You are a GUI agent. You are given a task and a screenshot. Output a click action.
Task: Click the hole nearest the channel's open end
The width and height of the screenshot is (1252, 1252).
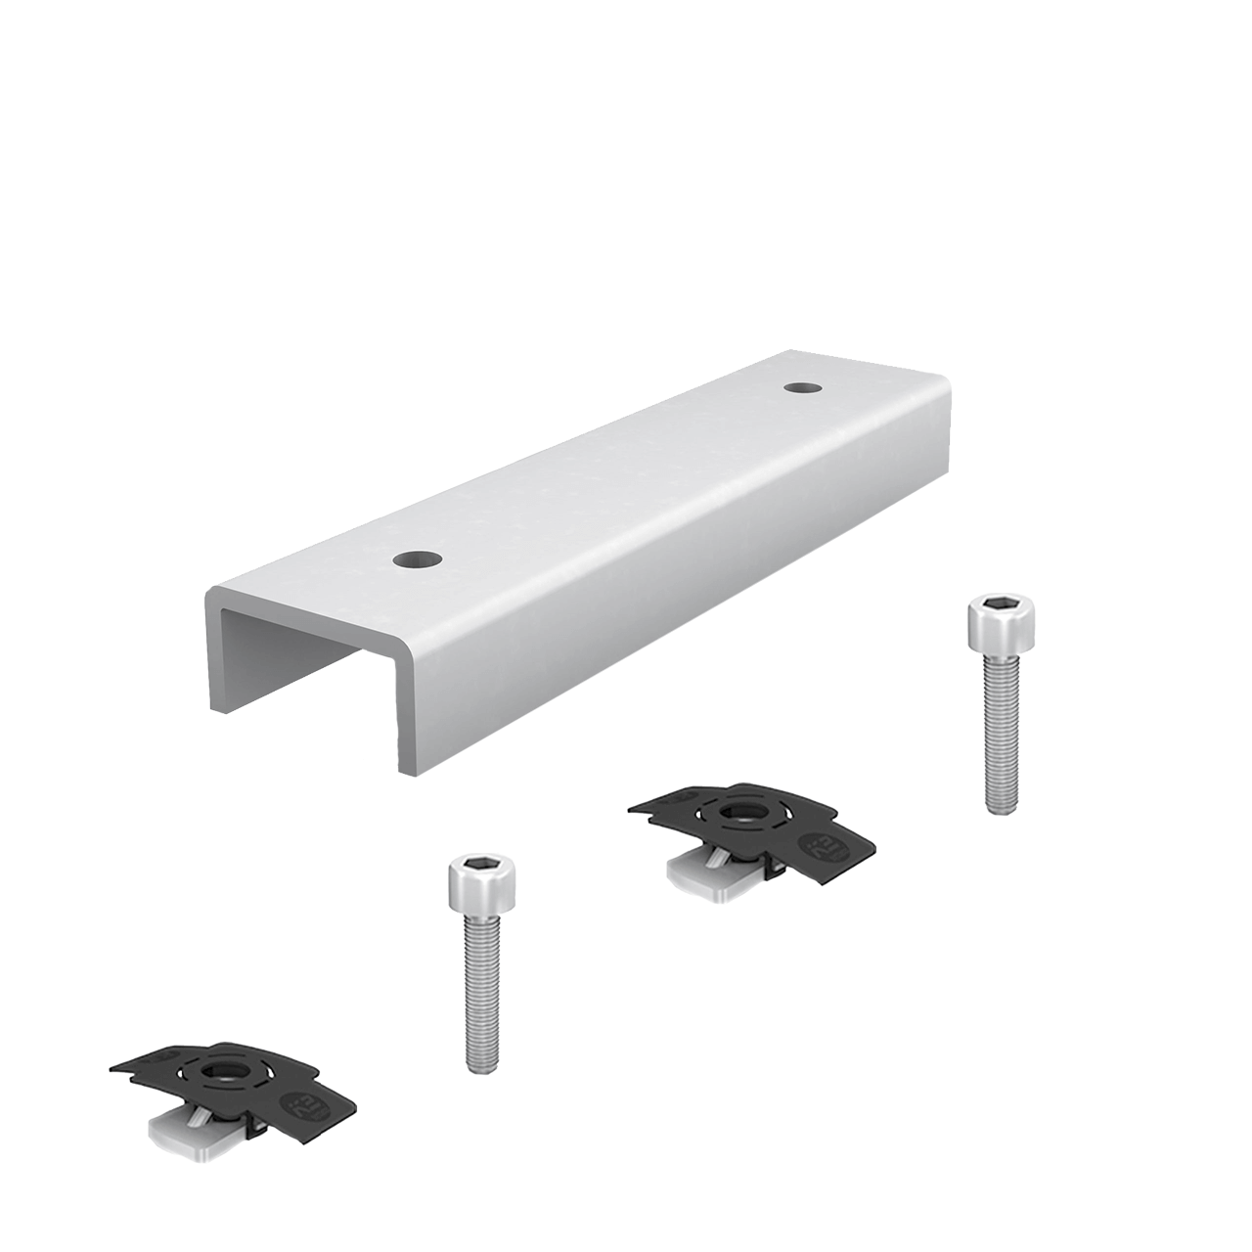click(x=418, y=560)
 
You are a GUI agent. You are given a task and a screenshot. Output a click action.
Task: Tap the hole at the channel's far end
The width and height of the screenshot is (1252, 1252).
click(x=802, y=387)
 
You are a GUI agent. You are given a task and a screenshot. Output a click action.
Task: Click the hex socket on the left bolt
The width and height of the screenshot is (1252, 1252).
click(x=481, y=867)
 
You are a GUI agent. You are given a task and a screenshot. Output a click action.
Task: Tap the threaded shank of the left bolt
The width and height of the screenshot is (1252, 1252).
click(x=480, y=988)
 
